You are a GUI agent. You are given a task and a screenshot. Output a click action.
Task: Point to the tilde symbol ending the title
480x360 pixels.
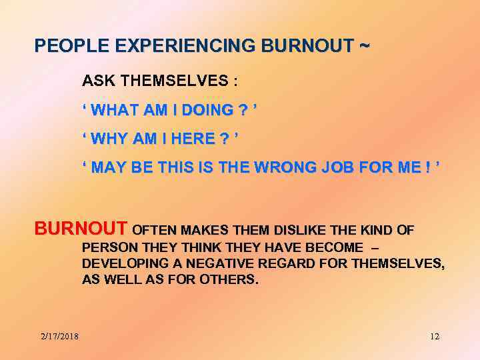[363, 47]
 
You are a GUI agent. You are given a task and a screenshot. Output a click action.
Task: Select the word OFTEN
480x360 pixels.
[156, 231]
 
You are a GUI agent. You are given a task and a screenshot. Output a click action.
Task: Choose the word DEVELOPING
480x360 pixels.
[121, 264]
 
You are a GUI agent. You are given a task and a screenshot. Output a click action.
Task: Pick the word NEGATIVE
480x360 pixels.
[214, 264]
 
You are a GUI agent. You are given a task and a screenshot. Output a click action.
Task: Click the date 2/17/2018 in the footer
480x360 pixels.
[59, 336]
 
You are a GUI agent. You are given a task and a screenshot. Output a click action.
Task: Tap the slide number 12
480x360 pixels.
[434, 336]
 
